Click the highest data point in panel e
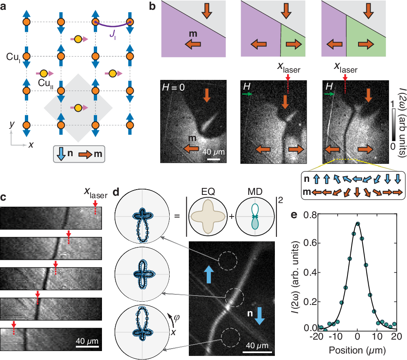tap(358, 223)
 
